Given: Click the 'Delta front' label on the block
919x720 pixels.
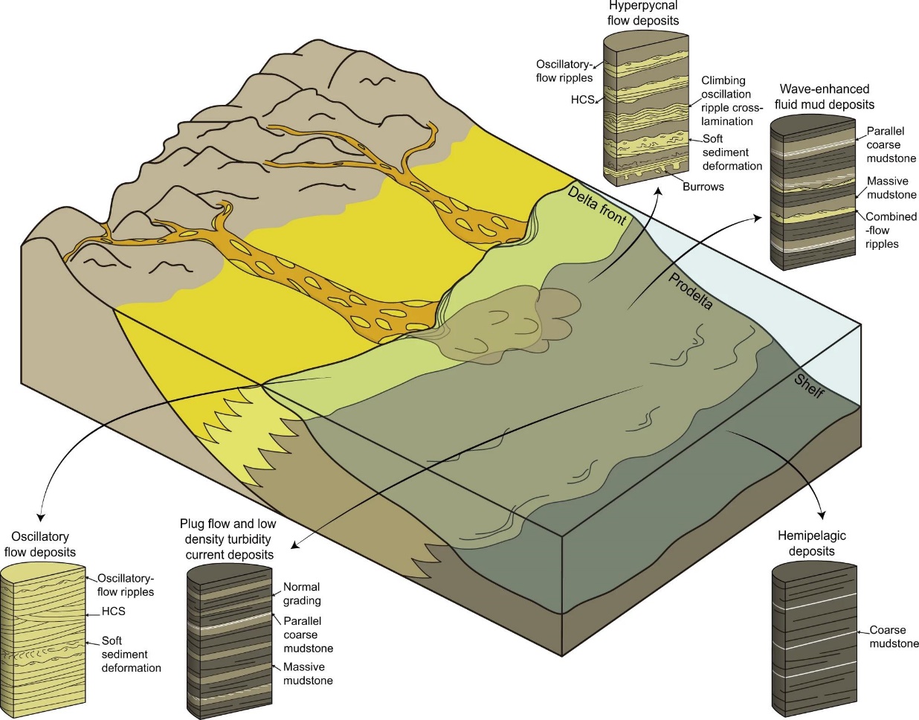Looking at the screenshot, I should (597, 205).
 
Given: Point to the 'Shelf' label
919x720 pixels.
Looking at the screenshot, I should (809, 385).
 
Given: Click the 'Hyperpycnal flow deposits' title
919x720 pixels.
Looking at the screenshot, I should (643, 13).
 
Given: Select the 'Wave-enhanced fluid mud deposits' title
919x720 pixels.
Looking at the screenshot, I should (824, 97).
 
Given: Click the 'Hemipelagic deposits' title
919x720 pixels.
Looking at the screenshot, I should (811, 543).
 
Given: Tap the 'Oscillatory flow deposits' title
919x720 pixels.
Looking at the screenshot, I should (40, 544).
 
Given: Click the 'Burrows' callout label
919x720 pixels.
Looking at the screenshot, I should (703, 187).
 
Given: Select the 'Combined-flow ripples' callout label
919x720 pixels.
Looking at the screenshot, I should (890, 230).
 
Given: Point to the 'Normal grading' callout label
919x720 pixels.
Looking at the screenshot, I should (302, 594).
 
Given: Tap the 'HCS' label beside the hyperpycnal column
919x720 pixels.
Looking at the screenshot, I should (582, 100).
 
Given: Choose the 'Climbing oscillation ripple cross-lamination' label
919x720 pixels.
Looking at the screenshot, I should (730, 100).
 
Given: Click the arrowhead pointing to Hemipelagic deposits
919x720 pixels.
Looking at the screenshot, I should (822, 514).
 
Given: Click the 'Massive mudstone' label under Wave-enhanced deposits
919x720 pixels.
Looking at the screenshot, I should (891, 187).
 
